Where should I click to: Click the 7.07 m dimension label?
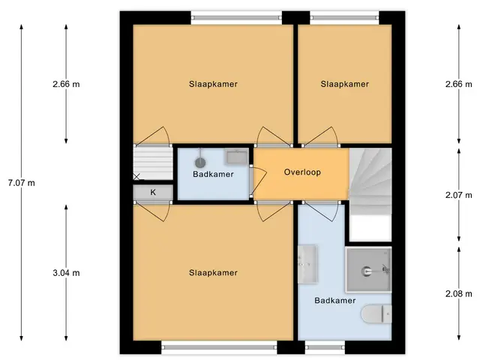(22, 183)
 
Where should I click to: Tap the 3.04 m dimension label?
(66, 273)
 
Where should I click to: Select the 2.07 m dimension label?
(458, 195)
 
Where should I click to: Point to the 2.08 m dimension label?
(458, 294)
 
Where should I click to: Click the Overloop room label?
(302, 172)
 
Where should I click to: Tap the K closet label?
(153, 192)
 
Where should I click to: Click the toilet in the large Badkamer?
(376, 313)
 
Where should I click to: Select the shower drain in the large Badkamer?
(366, 271)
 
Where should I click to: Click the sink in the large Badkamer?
(307, 264)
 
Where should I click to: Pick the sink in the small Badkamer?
(237, 157)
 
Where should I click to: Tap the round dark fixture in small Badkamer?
(200, 163)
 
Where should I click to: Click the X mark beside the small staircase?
(136, 176)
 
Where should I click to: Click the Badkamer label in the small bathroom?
(213, 174)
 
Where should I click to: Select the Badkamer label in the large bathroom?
(335, 300)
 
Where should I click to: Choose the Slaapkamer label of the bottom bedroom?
(213, 273)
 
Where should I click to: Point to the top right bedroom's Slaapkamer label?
(345, 84)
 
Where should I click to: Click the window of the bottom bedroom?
(219, 347)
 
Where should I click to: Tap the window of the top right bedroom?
(345, 18)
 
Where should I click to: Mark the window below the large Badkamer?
(325, 347)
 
